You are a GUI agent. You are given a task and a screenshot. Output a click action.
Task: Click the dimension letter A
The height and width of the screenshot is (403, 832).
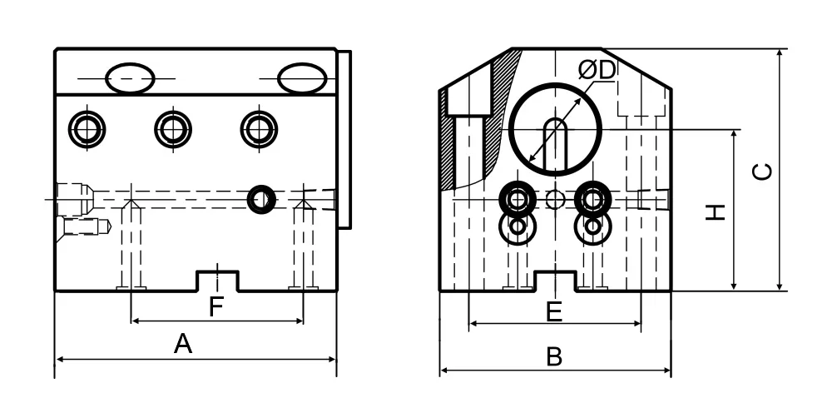183,344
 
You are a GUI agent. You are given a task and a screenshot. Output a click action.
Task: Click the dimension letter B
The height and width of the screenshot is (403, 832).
554,357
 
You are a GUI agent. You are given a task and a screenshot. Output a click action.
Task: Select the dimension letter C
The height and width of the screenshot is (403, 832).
763,172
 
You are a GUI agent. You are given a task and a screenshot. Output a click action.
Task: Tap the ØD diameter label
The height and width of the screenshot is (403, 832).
597,70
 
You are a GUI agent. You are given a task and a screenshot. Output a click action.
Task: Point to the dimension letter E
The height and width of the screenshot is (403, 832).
554,311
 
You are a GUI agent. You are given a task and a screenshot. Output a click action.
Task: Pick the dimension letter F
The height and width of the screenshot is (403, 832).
215,307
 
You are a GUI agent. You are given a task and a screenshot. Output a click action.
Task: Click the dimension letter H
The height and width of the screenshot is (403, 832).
716,211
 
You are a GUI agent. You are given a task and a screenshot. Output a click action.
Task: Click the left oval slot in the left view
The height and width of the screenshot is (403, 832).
130,78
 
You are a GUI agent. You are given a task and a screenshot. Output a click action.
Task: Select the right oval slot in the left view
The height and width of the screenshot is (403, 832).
302,78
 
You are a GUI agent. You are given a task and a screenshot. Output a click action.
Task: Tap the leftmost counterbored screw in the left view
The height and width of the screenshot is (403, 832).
87,129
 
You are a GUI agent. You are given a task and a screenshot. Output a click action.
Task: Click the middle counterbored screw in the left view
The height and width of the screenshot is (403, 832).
173,129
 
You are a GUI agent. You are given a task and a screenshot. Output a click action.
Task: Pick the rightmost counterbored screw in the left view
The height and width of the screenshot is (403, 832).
259,129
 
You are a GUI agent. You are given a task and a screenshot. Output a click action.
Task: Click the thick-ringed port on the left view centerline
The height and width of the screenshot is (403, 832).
261,200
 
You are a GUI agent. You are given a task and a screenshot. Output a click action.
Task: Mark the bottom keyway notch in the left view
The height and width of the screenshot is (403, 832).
217,281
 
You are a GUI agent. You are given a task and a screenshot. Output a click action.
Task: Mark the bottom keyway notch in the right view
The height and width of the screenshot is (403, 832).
555,281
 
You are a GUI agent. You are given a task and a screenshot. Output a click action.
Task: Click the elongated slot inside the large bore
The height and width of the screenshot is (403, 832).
555,144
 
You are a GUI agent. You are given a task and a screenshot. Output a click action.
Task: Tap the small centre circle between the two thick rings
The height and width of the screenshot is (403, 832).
555,200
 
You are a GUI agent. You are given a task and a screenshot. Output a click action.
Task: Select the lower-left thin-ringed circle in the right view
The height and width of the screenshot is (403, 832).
518,226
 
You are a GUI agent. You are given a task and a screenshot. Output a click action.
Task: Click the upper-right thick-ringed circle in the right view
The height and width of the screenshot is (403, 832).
592,200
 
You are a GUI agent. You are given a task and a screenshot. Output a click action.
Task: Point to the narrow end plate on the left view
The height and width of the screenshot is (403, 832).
344,140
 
